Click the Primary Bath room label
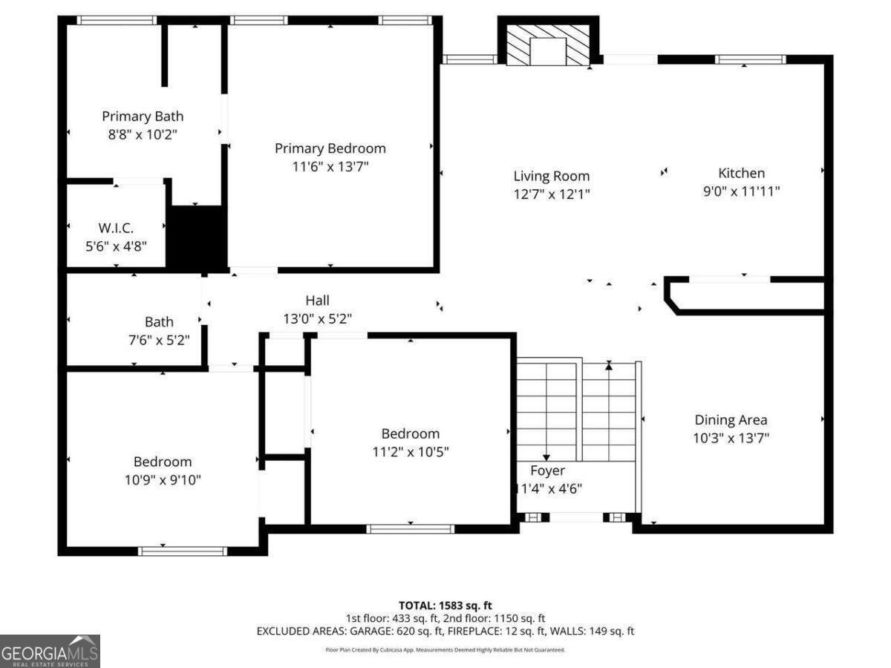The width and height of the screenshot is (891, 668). pos(143,117)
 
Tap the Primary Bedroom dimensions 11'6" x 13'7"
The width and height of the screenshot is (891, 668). pos(330,167)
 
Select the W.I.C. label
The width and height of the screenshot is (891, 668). pos(116,228)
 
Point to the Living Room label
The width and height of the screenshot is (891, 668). pos(552,176)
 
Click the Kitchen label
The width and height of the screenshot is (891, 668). pos(741,173)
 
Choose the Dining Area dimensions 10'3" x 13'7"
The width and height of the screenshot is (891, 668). pos(731,438)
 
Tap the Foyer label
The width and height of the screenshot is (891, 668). pos(547,471)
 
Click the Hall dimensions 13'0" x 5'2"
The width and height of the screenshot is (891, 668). pos(317,318)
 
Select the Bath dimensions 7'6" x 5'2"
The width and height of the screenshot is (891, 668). pos(159,340)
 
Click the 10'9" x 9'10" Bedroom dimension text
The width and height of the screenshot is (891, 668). pos(163,479)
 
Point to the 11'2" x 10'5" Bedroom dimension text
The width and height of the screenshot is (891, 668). pos(411,451)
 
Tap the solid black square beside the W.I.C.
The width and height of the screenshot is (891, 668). pos(197,238)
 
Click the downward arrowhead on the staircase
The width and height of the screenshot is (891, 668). pos(546,458)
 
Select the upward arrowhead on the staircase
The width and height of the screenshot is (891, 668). pos(609,365)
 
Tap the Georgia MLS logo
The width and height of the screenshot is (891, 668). pos(50,651)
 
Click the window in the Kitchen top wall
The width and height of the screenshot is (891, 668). pos(750,59)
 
